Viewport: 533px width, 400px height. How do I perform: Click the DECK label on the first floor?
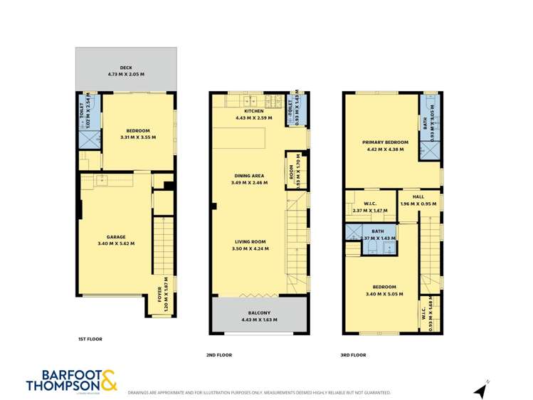(126, 68)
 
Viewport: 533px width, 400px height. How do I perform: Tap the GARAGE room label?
(116, 237)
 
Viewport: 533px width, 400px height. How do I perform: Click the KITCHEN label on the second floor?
(253, 111)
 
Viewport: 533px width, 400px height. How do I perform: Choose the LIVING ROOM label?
(249, 242)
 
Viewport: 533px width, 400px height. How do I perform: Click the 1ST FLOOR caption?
(90, 339)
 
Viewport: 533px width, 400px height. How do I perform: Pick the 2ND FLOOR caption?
(219, 354)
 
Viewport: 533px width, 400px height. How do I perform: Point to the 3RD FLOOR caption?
(354, 354)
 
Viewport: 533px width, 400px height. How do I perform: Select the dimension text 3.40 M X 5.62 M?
(116, 243)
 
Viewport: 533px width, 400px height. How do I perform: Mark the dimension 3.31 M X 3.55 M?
(138, 137)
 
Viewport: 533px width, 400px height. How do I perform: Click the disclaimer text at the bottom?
(259, 393)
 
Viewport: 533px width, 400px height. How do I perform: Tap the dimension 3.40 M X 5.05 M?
(381, 293)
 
